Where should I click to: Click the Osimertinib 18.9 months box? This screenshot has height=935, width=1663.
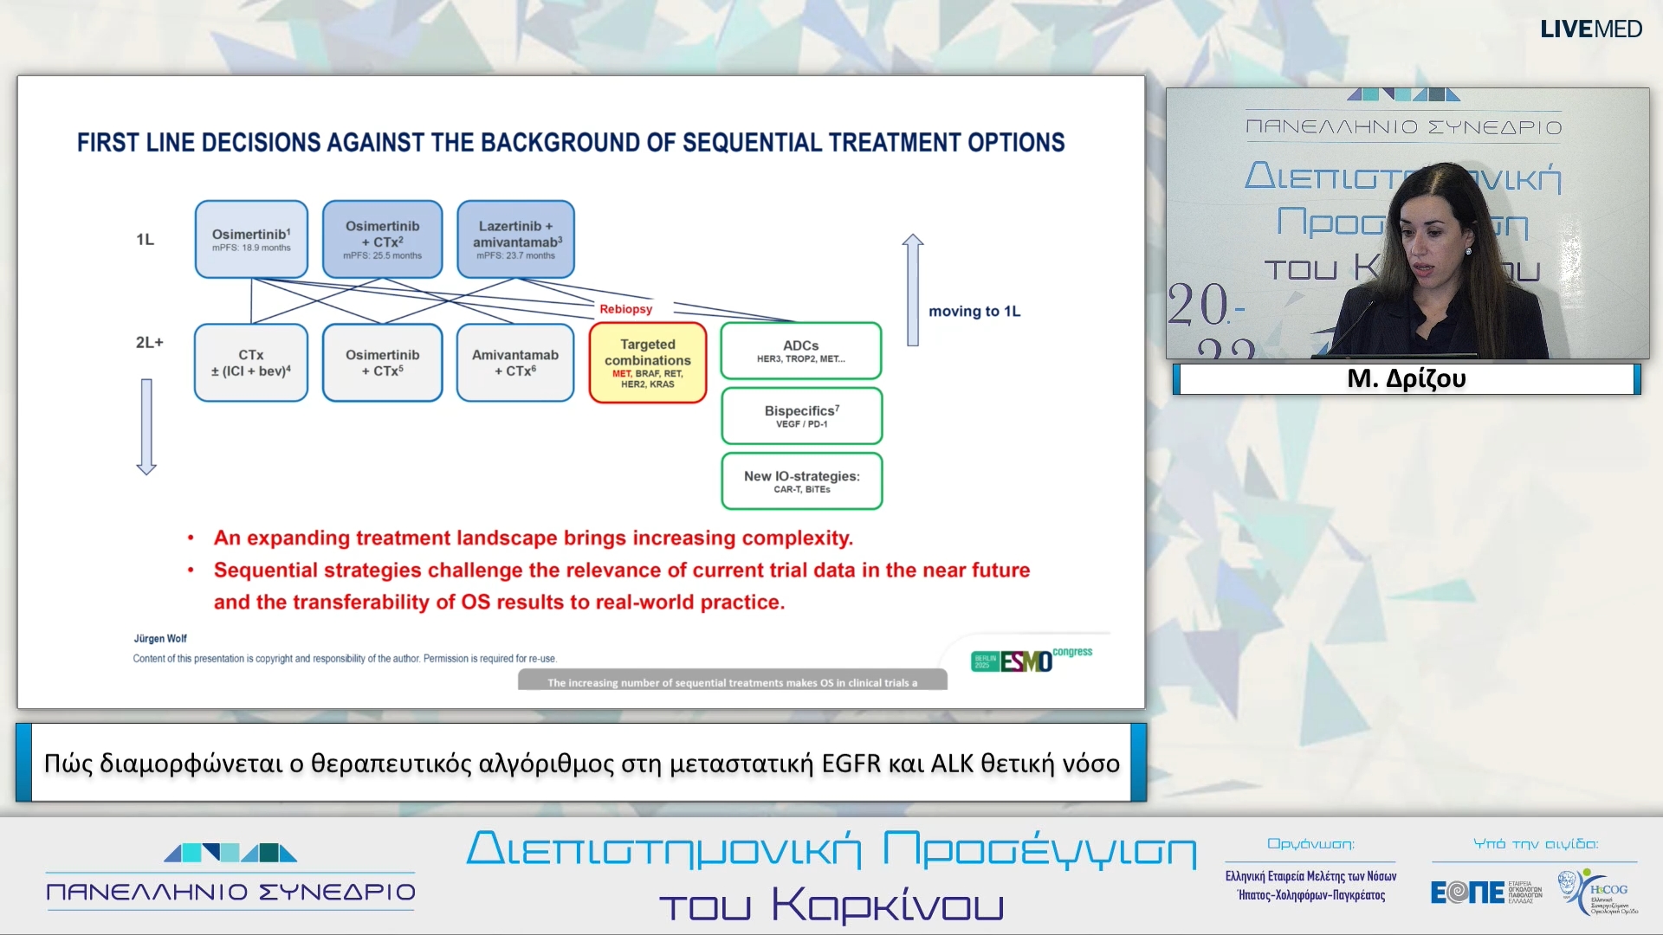coord(251,239)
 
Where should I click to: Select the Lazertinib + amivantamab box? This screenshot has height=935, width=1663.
coord(516,239)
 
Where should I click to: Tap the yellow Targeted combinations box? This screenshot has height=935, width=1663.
coord(648,363)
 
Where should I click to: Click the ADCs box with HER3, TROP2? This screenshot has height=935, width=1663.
coord(801,351)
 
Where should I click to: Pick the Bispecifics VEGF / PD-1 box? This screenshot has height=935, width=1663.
coord(801,416)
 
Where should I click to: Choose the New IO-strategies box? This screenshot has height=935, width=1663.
coord(801,481)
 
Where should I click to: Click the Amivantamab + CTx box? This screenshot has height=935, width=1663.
coord(515,363)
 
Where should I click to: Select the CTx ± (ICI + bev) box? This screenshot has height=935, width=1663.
coord(251,363)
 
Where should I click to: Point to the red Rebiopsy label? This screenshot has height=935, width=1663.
coord(625,309)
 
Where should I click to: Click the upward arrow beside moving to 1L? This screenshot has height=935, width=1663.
coord(912,290)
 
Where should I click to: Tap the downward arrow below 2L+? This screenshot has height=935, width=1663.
coord(146,426)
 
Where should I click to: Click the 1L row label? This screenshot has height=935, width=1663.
coord(145,239)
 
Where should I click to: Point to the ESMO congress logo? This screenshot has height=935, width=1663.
coord(1031,660)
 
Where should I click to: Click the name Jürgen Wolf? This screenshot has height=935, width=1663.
coord(160,639)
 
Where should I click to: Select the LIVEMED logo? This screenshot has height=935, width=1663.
coord(1590,29)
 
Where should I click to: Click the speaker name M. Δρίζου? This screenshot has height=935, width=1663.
coord(1407,379)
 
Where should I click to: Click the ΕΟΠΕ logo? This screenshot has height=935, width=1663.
coord(1468,892)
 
